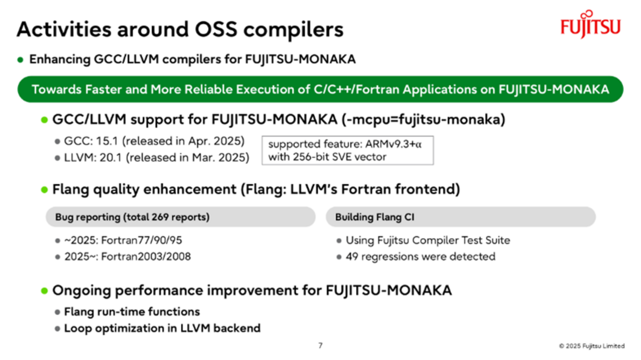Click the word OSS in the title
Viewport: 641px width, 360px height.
point(216,29)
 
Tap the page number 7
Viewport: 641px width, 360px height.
point(320,345)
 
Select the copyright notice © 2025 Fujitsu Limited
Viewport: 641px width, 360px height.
point(592,346)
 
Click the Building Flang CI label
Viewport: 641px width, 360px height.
point(375,217)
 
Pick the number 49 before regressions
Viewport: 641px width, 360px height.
point(352,256)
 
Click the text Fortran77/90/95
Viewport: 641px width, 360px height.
point(142,240)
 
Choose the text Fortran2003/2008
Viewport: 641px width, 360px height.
point(146,256)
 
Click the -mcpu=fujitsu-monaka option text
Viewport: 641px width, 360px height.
point(424,119)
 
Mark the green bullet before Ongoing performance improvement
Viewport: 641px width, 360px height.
point(44,291)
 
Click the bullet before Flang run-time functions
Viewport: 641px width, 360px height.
point(57,312)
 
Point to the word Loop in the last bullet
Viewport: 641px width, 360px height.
point(77,328)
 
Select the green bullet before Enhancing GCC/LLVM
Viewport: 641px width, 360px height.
point(20,60)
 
